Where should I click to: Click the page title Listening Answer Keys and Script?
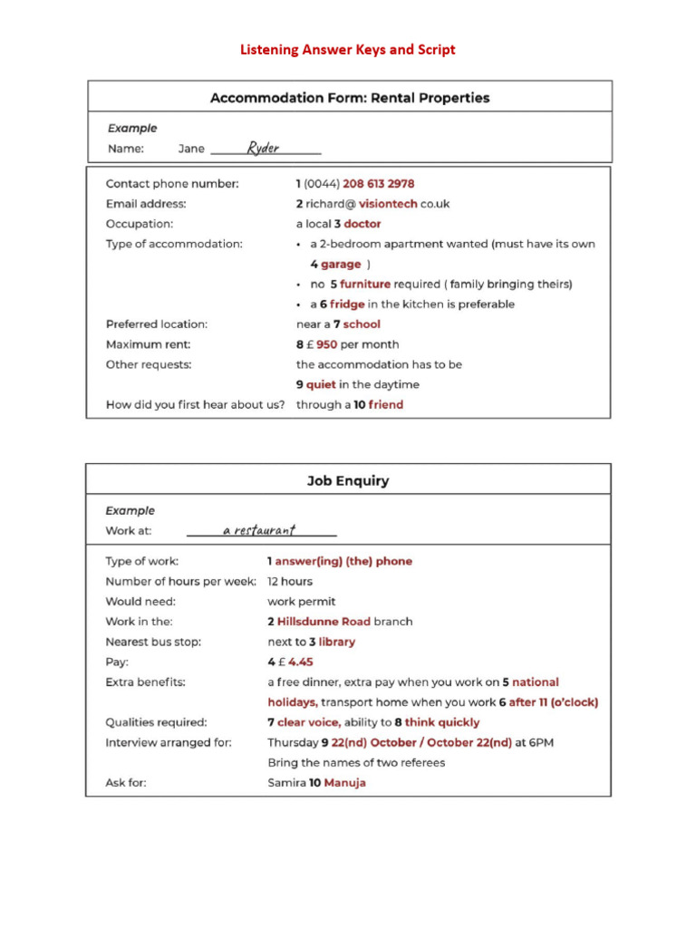tap(347, 50)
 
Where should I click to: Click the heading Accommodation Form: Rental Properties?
tap(350, 98)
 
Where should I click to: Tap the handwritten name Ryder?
tap(264, 149)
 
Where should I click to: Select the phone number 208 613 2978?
tap(379, 184)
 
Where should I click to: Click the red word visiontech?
tap(388, 204)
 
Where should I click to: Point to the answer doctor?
tap(362, 224)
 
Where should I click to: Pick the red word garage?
tap(341, 265)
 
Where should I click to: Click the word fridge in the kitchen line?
tap(347, 304)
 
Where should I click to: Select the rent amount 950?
tap(333, 344)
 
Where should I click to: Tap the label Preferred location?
tap(157, 324)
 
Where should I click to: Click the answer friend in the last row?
tap(386, 405)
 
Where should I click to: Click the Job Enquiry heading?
tap(349, 480)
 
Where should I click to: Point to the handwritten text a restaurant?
tap(259, 531)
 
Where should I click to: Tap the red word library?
tap(337, 642)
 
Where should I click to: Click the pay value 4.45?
tap(300, 662)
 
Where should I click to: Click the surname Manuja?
tap(345, 783)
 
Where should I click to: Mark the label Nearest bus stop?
tap(153, 642)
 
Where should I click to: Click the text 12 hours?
tap(290, 582)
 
